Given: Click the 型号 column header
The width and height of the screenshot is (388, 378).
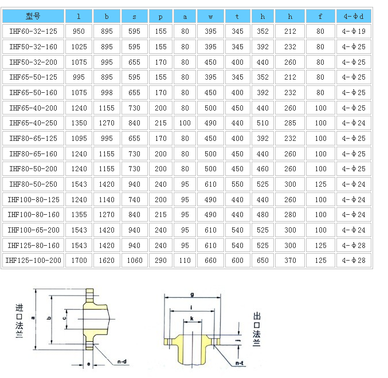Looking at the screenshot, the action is point(33,16).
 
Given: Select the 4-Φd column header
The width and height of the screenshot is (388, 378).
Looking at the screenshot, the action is point(354,16).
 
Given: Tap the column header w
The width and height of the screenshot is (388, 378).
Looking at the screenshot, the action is point(210,17).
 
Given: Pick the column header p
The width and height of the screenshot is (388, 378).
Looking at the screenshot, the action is point(160,17).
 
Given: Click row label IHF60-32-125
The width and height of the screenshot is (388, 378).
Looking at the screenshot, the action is point(33,31).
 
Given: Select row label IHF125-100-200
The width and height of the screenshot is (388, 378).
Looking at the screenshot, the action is point(33,261).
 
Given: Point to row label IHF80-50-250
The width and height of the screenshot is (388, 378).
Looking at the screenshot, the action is point(33,184).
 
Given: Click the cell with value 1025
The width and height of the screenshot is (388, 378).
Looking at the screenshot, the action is point(79,47).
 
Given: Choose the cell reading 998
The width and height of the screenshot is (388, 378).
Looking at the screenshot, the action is point(107,93).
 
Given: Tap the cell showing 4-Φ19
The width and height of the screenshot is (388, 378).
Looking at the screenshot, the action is point(354,31).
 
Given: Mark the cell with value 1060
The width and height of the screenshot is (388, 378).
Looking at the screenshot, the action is point(135,261).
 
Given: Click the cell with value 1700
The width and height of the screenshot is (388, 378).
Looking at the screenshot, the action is point(79,261).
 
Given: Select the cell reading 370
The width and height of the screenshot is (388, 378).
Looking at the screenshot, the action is point(290,261).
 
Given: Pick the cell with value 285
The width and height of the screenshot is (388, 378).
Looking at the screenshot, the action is point(290,123).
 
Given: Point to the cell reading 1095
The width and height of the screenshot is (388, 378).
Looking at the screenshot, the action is point(79,139).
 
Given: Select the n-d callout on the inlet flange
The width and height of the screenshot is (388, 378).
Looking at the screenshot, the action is point(122,362).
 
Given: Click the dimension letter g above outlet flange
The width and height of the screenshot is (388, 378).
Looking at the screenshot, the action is point(192,294).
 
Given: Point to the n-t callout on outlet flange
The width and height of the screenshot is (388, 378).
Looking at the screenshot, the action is point(240,363).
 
